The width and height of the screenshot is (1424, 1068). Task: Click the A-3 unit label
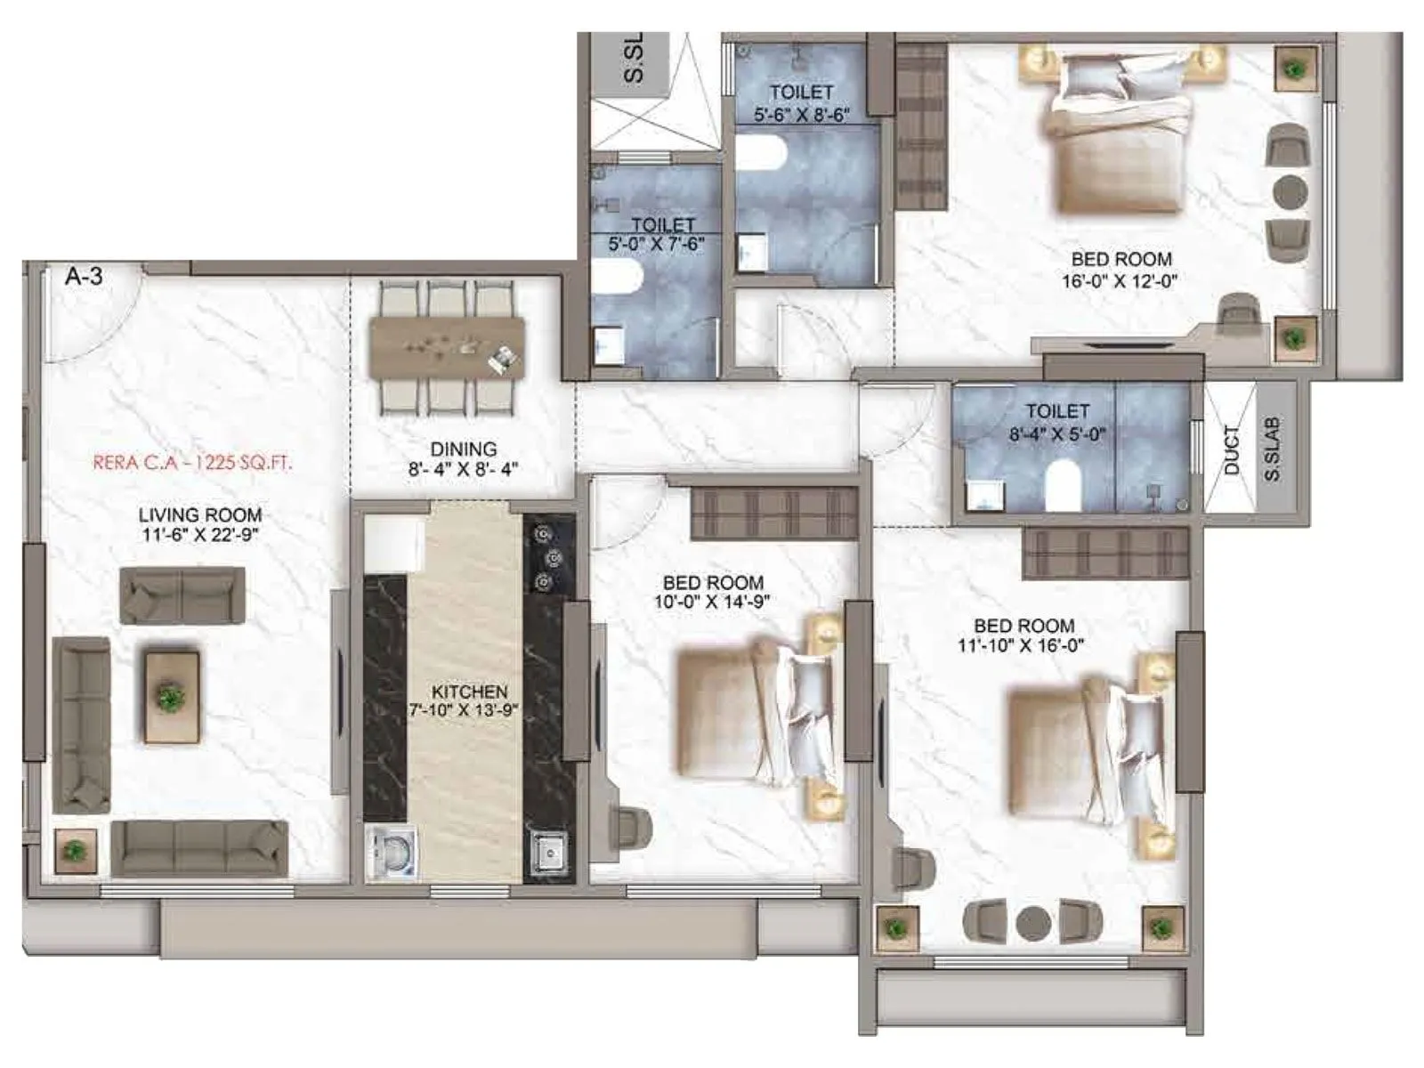coord(84,277)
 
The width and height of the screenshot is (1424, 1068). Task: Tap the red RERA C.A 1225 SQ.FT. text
coord(192,463)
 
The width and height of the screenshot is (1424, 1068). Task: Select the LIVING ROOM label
coord(199,514)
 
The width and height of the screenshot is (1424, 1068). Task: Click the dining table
coord(447,347)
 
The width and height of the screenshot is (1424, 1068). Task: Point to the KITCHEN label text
coord(469,692)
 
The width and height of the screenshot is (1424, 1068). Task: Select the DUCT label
coord(1231,449)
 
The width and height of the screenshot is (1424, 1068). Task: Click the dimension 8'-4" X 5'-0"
coord(1056,434)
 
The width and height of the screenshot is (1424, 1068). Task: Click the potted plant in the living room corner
coord(75,850)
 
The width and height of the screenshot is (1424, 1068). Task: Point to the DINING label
coord(463,449)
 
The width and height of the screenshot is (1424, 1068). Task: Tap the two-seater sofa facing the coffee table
coord(182,595)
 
